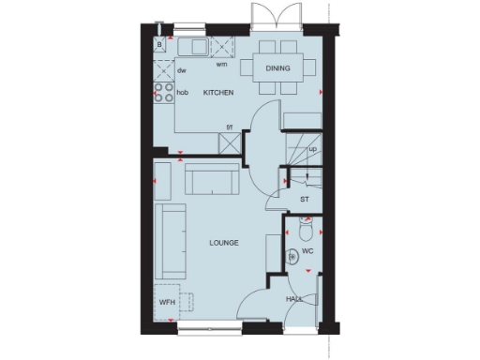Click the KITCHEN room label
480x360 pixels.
217,93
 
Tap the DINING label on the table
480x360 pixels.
277,68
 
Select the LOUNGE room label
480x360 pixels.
223,243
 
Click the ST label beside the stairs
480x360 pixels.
305,200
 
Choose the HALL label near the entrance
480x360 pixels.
294,299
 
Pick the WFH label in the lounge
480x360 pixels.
167,303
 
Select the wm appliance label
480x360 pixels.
222,65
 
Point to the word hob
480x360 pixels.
183,93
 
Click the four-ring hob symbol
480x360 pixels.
161,93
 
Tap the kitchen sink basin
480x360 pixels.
198,47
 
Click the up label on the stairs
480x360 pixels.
312,148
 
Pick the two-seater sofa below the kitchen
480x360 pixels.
210,178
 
